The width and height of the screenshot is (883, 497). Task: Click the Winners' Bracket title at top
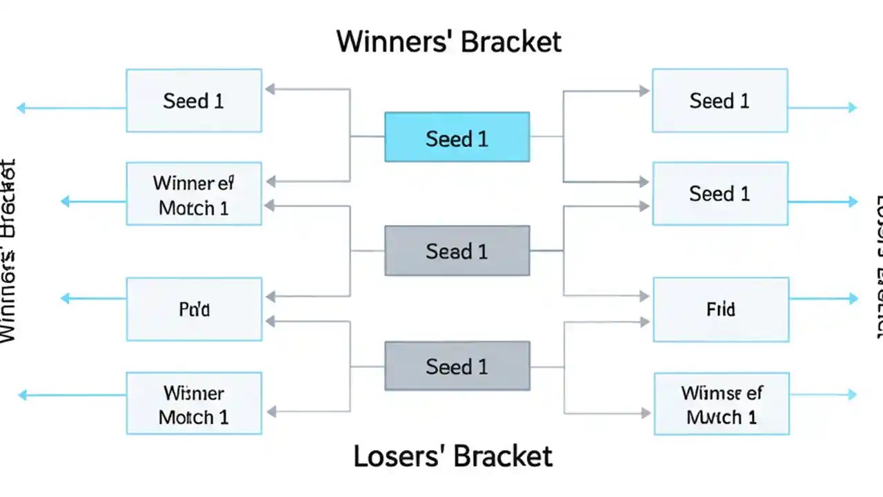(449, 42)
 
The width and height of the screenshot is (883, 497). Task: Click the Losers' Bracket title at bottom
(453, 456)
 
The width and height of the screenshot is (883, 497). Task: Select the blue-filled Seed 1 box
(457, 137)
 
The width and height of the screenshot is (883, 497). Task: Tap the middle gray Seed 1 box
(457, 251)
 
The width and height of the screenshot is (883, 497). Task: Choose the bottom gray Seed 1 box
(457, 366)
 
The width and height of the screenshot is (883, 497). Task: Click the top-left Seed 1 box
(194, 101)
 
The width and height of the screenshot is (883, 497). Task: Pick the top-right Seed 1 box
(720, 101)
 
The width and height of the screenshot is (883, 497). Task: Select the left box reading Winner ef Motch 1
(194, 195)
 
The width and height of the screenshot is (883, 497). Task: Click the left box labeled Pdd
(194, 309)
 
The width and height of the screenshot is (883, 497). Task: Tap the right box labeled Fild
(721, 309)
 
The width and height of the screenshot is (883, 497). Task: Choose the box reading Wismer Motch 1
(194, 405)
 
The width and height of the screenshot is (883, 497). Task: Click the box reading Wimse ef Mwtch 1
(722, 405)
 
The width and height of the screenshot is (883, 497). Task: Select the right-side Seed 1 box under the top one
(720, 194)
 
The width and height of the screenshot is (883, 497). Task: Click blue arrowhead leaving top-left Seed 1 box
(21, 108)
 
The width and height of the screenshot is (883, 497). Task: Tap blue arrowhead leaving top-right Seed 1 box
(853, 107)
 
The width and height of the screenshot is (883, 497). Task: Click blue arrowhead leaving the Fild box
(853, 299)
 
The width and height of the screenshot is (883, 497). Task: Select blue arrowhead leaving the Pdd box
(66, 298)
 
